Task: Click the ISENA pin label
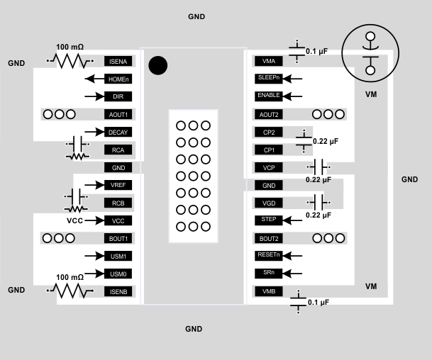point(118,62)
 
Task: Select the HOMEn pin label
point(118,79)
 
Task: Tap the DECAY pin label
point(118,132)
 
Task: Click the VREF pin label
point(118,185)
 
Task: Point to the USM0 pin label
point(118,274)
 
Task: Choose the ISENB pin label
point(118,291)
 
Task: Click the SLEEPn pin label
point(268,78)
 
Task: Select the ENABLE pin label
point(268,96)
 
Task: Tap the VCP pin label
point(268,167)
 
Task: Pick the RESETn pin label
point(268,255)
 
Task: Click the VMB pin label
point(268,291)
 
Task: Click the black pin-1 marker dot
point(158,65)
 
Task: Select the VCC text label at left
point(74,220)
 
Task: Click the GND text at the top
point(197,16)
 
